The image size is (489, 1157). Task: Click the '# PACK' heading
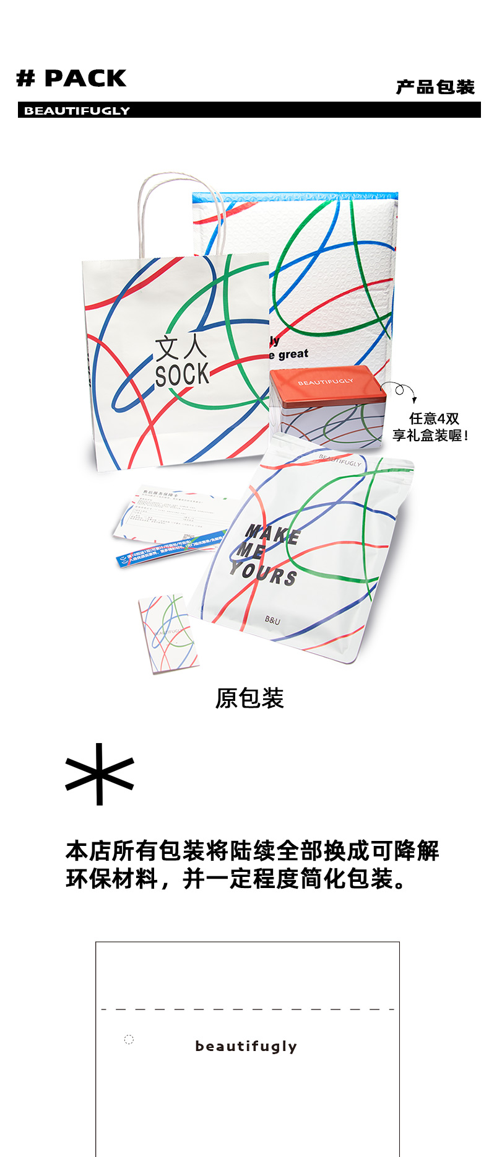[x=71, y=79]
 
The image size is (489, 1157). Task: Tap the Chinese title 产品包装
[x=435, y=87]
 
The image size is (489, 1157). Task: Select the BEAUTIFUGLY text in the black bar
[x=77, y=111]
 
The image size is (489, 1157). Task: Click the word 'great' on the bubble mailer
[x=293, y=354]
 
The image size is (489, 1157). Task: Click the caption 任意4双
[x=434, y=419]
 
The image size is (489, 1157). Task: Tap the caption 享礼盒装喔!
[x=430, y=435]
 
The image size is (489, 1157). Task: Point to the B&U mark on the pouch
[x=272, y=620]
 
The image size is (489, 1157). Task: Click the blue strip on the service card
[x=170, y=548]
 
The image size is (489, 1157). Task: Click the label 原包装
[x=249, y=698]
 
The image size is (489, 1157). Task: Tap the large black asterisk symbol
[x=100, y=774]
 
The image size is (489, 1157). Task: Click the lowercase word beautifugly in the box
[x=246, y=1046]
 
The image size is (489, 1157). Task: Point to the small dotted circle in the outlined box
[x=129, y=1039]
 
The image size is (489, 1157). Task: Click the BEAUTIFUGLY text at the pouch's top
[x=340, y=459]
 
